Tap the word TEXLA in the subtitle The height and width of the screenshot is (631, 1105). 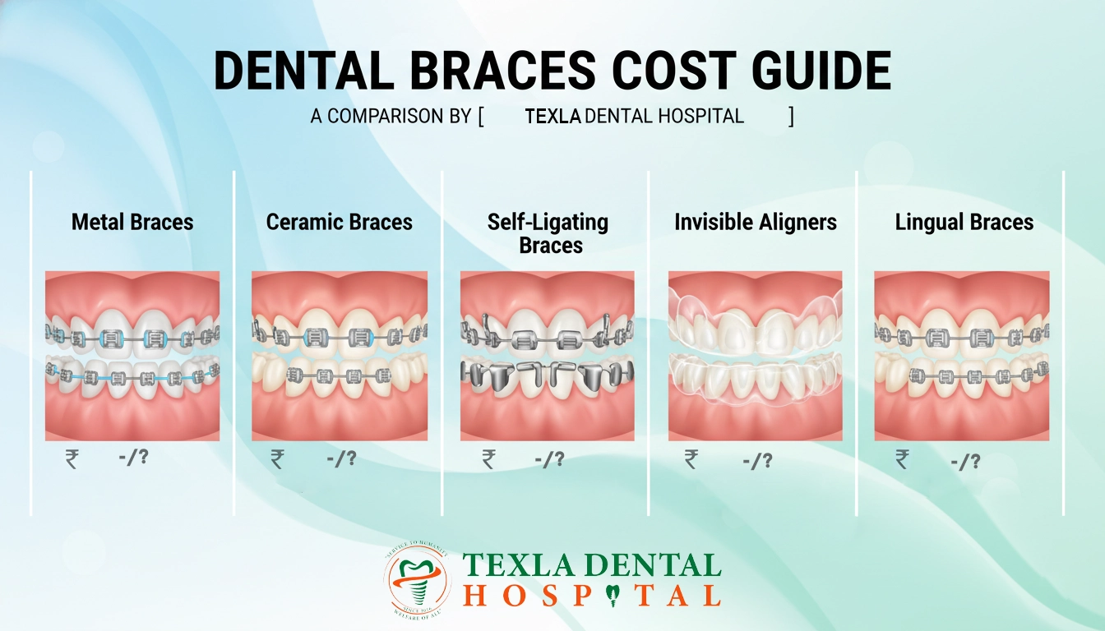click(x=552, y=117)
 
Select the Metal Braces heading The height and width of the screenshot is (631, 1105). click(x=132, y=222)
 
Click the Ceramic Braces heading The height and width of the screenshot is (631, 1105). click(x=340, y=222)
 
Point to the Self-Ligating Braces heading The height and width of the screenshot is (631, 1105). click(x=548, y=233)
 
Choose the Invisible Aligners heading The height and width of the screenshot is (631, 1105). click(x=756, y=222)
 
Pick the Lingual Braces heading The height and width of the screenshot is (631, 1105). click(x=964, y=222)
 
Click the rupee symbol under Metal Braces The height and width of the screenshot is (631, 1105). click(x=72, y=459)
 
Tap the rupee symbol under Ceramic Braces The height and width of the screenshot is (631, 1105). click(x=278, y=459)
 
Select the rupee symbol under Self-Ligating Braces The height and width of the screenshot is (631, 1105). click(x=489, y=459)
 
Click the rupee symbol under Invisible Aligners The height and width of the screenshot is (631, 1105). click(x=691, y=459)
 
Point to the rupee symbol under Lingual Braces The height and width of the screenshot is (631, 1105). click(x=903, y=459)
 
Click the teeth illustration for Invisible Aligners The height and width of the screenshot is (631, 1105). click(x=756, y=356)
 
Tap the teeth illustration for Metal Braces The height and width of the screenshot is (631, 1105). click(x=132, y=356)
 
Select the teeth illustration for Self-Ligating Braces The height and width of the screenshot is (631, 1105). click(x=548, y=356)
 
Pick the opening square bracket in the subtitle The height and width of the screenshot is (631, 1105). click(x=480, y=117)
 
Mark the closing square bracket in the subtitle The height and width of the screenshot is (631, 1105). click(x=791, y=117)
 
